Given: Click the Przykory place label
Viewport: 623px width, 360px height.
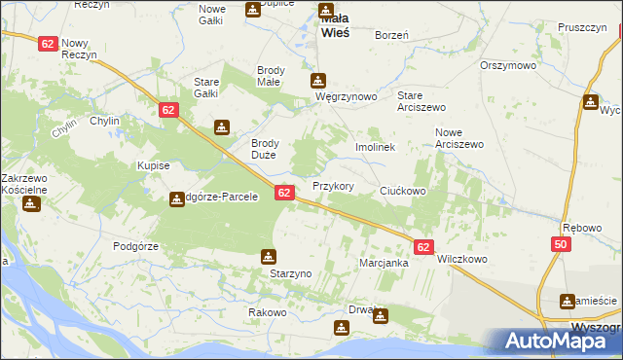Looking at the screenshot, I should click(x=332, y=186).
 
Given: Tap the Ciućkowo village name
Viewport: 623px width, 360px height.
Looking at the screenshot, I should click(x=403, y=191).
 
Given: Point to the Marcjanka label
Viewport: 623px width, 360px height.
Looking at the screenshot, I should click(x=383, y=264).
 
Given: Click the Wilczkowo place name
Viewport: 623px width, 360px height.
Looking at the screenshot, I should click(x=462, y=260).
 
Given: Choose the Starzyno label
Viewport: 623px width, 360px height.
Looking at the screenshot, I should click(x=290, y=274).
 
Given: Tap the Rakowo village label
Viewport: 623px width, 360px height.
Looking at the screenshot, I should click(x=267, y=312).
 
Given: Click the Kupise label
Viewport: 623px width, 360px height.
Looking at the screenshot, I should click(x=154, y=166).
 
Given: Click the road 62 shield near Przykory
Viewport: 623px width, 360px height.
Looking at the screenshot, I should click(x=284, y=194).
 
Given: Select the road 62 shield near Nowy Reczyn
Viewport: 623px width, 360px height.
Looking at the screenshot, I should click(x=48, y=44).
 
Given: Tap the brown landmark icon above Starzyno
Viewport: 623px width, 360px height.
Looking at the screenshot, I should click(x=268, y=257).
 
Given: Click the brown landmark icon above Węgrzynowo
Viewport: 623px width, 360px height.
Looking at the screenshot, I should click(x=317, y=81).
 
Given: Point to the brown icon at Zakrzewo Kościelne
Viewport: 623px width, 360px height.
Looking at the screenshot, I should click(x=31, y=204).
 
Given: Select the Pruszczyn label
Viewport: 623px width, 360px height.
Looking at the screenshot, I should click(x=583, y=28).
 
